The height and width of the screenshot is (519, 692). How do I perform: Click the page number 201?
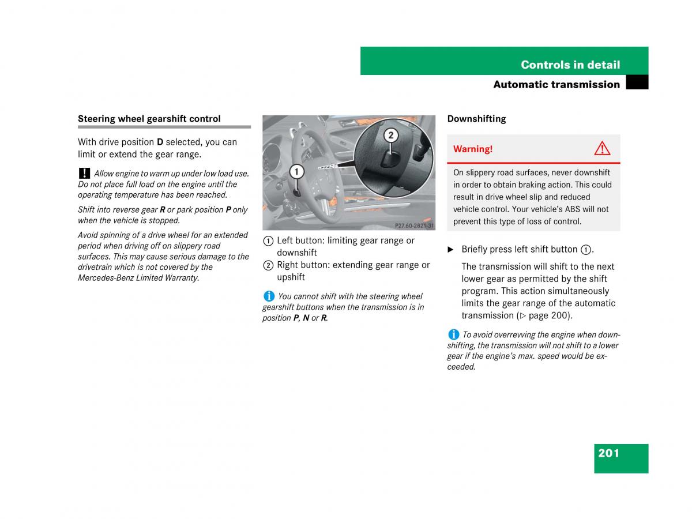pyautogui.click(x=608, y=453)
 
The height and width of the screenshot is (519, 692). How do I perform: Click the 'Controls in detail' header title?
pyautogui.click(x=570, y=65)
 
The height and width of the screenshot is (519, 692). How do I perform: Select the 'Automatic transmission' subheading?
pyautogui.click(x=556, y=85)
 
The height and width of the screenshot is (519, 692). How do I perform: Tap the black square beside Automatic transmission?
pyautogui.click(x=637, y=84)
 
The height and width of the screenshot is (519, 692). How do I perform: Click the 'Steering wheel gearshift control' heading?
pyautogui.click(x=149, y=119)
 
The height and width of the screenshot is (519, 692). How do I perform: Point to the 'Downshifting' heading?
pyautogui.click(x=476, y=119)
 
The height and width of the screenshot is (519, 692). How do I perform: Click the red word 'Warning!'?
pyautogui.click(x=472, y=149)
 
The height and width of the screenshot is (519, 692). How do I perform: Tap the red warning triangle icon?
pyautogui.click(x=601, y=149)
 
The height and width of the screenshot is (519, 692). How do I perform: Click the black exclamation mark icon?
pyautogui.click(x=84, y=173)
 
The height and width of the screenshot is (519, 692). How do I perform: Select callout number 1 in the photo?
pyautogui.click(x=296, y=171)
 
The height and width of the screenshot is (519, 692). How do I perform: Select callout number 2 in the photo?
pyautogui.click(x=390, y=136)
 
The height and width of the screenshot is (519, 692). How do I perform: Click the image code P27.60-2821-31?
pyautogui.click(x=414, y=225)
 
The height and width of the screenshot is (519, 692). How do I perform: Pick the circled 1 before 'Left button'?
pyautogui.click(x=268, y=241)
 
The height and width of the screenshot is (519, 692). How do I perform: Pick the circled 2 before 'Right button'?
pyautogui.click(x=268, y=265)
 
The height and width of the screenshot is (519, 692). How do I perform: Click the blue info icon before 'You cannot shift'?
pyautogui.click(x=269, y=296)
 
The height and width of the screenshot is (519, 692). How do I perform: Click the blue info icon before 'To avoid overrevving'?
pyautogui.click(x=453, y=334)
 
